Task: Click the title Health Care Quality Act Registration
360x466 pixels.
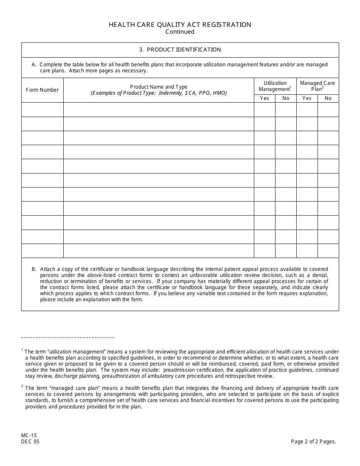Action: pyautogui.click(x=180, y=25)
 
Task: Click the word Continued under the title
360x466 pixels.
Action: pyautogui.click(x=180, y=32)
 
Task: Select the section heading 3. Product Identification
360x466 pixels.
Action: pyautogui.click(x=180, y=50)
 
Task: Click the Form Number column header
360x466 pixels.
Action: pyautogui.click(x=42, y=90)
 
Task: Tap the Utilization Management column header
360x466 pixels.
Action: pyautogui.click(x=275, y=86)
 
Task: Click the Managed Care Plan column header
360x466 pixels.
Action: pyautogui.click(x=317, y=86)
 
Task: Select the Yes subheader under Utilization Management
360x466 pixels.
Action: pyautogui.click(x=265, y=99)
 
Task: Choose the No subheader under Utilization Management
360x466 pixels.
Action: pyautogui.click(x=286, y=99)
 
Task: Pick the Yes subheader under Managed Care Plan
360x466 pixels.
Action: pyautogui.click(x=307, y=99)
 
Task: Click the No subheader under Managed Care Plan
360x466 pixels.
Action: pyautogui.click(x=328, y=99)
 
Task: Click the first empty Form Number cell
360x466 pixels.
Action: pyautogui.click(x=42, y=110)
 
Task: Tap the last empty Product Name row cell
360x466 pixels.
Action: pyautogui.click(x=158, y=251)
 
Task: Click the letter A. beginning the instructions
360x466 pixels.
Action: pyautogui.click(x=34, y=65)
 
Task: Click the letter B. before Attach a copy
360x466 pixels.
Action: pyautogui.click(x=34, y=269)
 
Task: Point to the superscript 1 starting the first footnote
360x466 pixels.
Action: pyautogui.click(x=22, y=350)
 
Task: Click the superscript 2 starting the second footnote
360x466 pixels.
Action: pyautogui.click(x=22, y=386)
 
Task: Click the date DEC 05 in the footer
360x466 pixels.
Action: pyautogui.click(x=30, y=441)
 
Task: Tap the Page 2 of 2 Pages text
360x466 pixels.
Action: pyautogui.click(x=313, y=441)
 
